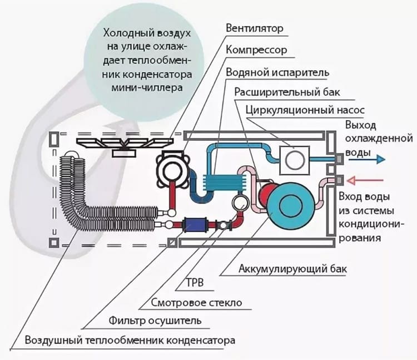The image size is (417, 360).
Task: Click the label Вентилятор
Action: click(x=255, y=28)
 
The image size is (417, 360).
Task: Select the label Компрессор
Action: click(x=256, y=50)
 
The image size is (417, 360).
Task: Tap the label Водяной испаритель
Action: click(x=277, y=72)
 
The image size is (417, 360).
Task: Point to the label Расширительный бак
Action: click(x=287, y=92)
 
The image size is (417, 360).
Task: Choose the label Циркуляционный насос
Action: click(x=305, y=110)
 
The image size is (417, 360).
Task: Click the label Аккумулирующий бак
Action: click(x=293, y=269)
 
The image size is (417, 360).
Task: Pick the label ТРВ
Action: click(x=195, y=283)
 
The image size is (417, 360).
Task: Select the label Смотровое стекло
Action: click(x=196, y=303)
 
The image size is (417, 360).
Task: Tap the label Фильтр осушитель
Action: click(x=155, y=320)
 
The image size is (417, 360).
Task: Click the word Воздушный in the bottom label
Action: click(x=54, y=341)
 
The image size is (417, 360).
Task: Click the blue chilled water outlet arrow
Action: click(x=367, y=159)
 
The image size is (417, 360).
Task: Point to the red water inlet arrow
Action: click(x=365, y=181)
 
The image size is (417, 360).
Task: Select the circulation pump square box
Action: click(x=295, y=160)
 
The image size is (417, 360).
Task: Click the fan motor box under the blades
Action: click(x=125, y=153)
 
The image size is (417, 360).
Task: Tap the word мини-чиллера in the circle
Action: click(x=147, y=88)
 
